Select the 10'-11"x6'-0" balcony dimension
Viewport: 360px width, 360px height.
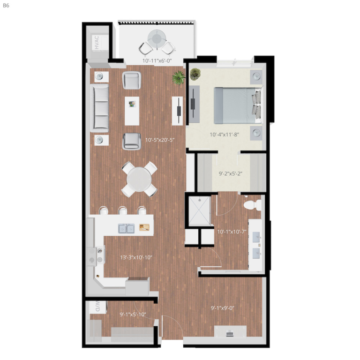tap(157, 60)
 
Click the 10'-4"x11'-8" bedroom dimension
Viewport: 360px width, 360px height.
tap(225, 135)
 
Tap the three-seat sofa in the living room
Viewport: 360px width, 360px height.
tap(100, 108)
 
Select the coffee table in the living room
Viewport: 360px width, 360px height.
tap(132, 110)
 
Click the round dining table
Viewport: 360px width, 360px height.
tap(139, 179)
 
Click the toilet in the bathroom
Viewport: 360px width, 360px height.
tap(251, 204)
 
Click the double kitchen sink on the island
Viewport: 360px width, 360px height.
tap(126, 228)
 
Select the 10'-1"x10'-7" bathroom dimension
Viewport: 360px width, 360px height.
tap(232, 231)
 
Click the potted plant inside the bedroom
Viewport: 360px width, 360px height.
tap(195, 73)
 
